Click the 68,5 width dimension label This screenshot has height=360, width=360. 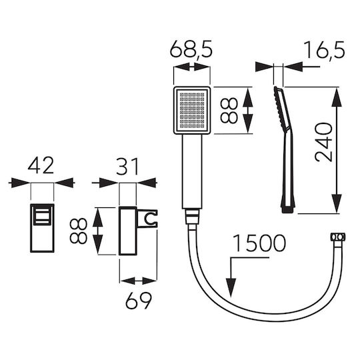191,49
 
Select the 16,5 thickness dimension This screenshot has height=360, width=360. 325,50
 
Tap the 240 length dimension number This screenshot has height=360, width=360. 324,143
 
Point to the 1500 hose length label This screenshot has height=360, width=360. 259,243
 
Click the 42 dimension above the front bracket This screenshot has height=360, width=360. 41,165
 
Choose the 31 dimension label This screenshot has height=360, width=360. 127,166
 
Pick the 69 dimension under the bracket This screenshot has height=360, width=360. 139,300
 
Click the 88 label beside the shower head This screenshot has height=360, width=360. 229,110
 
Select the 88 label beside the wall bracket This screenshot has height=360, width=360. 79,231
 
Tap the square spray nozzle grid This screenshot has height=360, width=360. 192,110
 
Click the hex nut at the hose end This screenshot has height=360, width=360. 338,237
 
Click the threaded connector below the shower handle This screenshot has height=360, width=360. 192,217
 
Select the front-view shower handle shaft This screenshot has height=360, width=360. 192,171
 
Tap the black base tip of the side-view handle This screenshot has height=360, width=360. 287,210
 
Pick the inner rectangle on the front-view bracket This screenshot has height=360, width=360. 41,215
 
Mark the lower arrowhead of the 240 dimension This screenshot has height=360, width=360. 337,203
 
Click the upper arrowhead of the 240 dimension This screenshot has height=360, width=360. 337,97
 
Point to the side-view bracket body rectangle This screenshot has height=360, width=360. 128,231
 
